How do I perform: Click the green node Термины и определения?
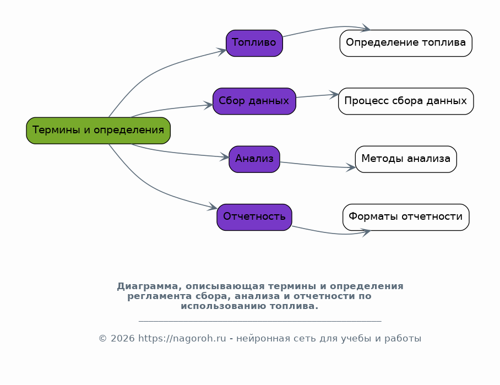pyautogui.click(x=98, y=131)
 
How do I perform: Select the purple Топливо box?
pyautogui.click(x=254, y=43)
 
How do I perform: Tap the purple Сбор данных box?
pyautogui.click(x=254, y=101)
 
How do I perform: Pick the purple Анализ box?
pyautogui.click(x=254, y=159)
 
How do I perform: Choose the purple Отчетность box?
pyautogui.click(x=254, y=217)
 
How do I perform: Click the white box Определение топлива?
pyautogui.click(x=406, y=43)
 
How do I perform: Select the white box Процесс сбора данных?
pyautogui.click(x=406, y=101)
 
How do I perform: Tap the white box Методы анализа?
pyautogui.click(x=406, y=159)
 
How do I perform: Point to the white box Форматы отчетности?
pyautogui.click(x=406, y=217)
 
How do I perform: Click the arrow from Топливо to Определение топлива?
pyautogui.click(x=325, y=28)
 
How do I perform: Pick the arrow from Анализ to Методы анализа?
pyautogui.click(x=317, y=165)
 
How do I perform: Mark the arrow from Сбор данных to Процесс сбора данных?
pyautogui.click(x=317, y=96)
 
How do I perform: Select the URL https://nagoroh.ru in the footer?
pyautogui.click(x=182, y=338)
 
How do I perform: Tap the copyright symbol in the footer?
pyautogui.click(x=102, y=338)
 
